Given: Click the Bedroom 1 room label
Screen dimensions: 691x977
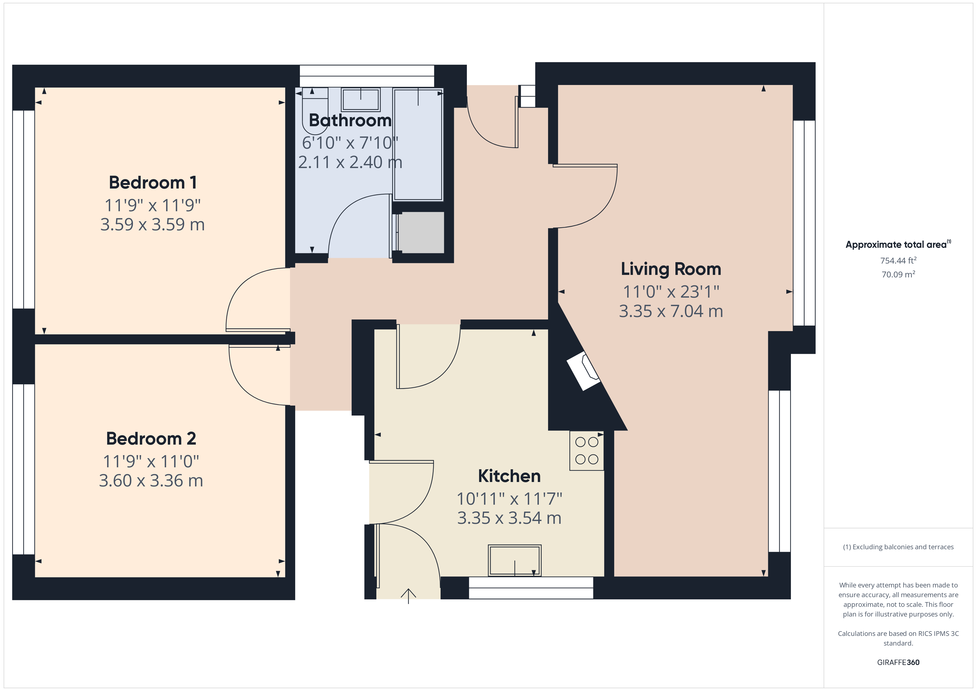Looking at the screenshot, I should (x=153, y=182).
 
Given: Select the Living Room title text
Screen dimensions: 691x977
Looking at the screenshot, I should (x=671, y=269).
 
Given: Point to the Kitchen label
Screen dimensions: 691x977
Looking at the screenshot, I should (x=509, y=476).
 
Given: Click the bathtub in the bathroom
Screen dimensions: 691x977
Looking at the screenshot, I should (x=418, y=145).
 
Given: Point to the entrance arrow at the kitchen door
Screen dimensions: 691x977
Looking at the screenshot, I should (x=408, y=596).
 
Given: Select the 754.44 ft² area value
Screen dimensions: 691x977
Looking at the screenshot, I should (x=898, y=261).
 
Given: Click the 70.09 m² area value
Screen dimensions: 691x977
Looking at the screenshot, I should (x=898, y=274).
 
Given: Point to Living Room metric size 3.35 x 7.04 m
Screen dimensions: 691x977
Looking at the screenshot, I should (x=671, y=311).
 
